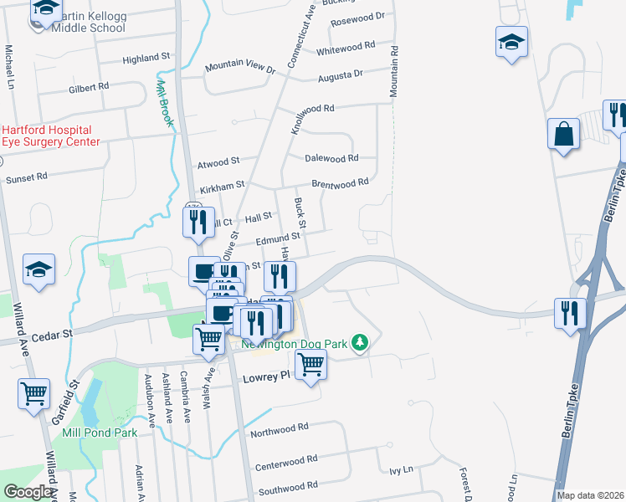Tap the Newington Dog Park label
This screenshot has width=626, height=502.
293,343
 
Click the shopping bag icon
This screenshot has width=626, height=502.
564,133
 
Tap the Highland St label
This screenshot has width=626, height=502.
146,59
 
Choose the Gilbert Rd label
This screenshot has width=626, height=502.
89,87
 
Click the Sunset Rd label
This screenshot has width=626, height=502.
26,178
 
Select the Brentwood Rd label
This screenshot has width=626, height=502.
340,182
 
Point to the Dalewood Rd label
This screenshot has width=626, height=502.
331,157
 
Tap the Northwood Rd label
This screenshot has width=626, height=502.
280,429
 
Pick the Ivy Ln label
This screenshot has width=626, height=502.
402,471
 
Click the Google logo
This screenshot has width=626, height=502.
27,492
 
